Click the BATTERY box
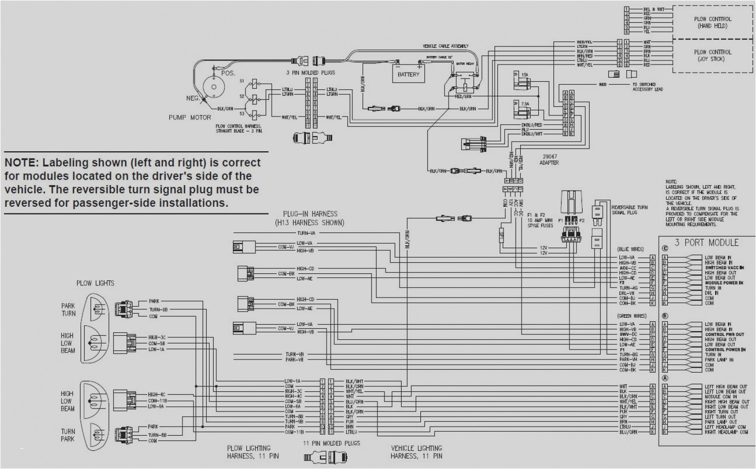[408, 74]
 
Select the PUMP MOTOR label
[190, 117]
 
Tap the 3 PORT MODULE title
[707, 243]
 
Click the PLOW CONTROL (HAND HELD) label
[712, 23]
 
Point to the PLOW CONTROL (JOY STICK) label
[712, 55]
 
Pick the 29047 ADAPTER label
[549, 160]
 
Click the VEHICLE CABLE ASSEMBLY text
[445, 46]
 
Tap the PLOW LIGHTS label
[95, 283]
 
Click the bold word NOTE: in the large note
[21, 163]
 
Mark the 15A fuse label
[525, 75]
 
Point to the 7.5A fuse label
[525, 104]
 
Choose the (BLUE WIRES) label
[631, 249]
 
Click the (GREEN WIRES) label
[632, 316]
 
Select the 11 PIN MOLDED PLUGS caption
[331, 443]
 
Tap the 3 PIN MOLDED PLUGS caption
[310, 73]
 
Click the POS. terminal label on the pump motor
[228, 73]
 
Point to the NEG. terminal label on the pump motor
[193, 98]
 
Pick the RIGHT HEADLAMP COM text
[726, 432]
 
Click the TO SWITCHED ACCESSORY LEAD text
[648, 87]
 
